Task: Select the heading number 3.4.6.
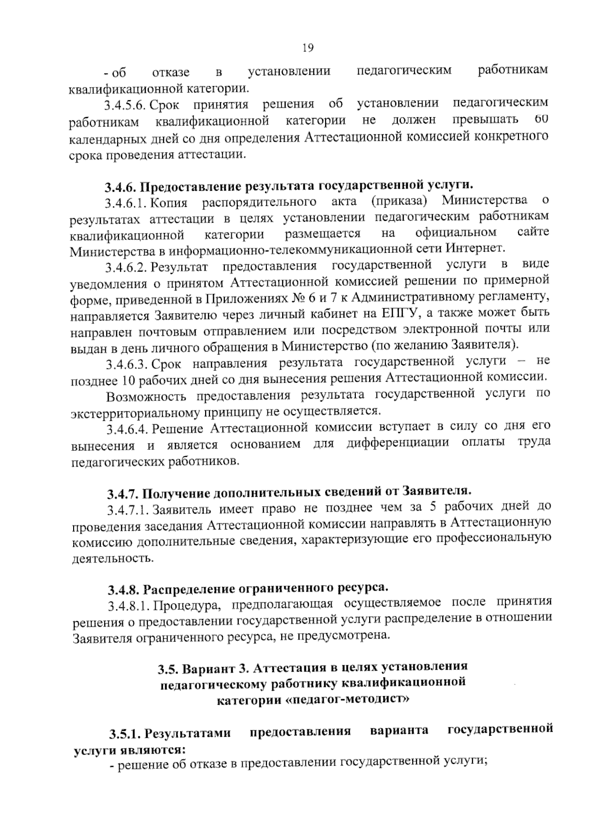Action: [x=121, y=187]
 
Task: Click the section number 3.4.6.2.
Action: [x=126, y=267]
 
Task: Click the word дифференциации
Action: [x=397, y=442]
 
